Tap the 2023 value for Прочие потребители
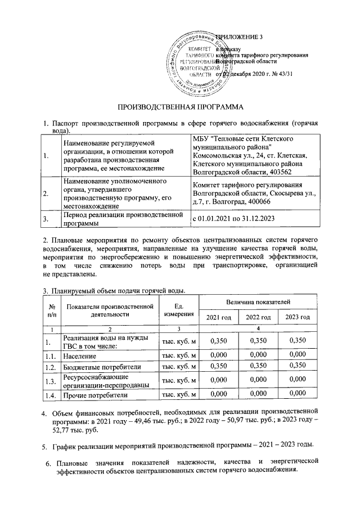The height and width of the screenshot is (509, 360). click(x=298, y=394)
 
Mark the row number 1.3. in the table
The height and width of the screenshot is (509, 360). click(x=52, y=381)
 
